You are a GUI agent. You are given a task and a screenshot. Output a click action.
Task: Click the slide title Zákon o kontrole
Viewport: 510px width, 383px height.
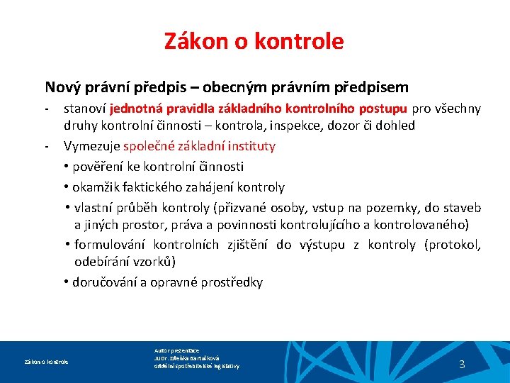point(254,41)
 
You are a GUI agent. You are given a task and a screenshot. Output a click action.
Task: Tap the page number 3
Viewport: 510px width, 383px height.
point(462,365)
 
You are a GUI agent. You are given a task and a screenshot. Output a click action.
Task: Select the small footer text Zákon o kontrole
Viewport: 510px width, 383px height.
point(47,362)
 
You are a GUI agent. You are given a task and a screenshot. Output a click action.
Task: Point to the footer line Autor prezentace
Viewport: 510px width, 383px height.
point(176,350)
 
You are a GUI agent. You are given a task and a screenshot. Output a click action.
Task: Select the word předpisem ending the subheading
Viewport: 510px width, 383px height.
point(373,87)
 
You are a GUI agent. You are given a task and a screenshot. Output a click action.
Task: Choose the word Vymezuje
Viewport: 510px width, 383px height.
point(91,146)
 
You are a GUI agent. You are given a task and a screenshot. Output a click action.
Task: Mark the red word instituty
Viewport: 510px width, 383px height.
point(251,146)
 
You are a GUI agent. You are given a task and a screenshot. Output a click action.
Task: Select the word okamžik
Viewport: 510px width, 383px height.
point(95,188)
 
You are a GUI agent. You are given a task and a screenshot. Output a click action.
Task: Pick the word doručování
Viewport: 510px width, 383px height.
point(106,282)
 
